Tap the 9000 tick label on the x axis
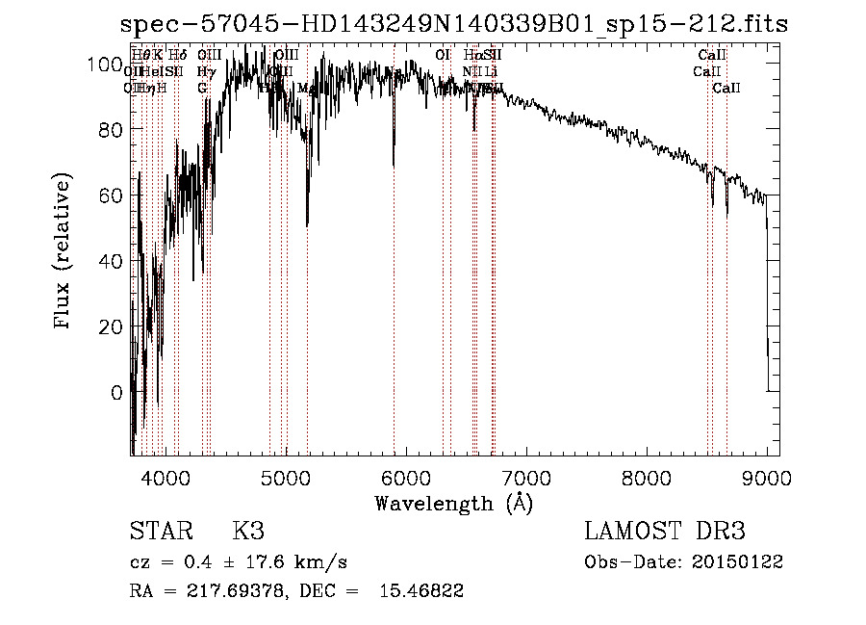(x=766, y=479)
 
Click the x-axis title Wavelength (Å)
(x=453, y=503)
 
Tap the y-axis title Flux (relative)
(x=64, y=253)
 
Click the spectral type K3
(x=247, y=532)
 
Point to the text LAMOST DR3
(x=664, y=532)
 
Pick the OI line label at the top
(x=444, y=55)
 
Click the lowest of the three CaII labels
(x=726, y=89)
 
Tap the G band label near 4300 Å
(x=202, y=89)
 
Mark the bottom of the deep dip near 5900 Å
(x=394, y=166)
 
